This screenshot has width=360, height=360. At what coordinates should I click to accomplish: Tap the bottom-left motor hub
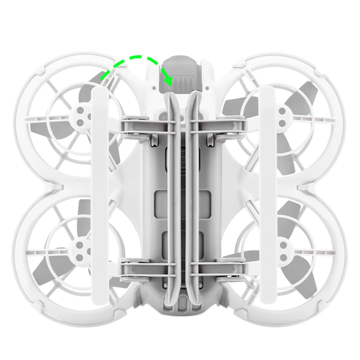(80, 248)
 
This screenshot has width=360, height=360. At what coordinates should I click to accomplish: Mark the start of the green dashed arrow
(102, 81)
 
